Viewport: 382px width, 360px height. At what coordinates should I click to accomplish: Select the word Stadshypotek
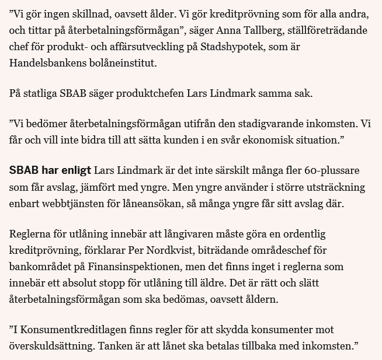coord(273,45)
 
